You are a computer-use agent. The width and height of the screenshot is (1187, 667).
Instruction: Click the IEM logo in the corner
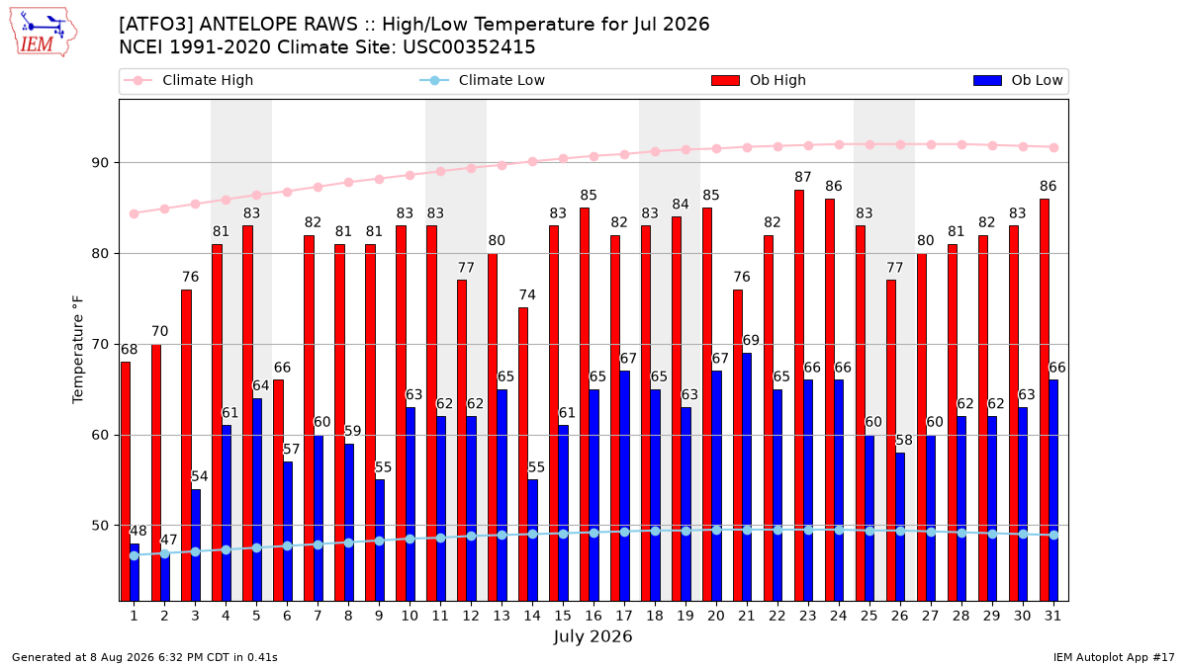coord(44,33)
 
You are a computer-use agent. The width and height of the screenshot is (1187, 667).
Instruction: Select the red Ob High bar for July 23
coord(799,395)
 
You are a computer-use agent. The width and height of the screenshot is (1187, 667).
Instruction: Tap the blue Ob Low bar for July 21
coord(747,477)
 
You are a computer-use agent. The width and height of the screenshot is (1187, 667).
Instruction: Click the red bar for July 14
coord(523,455)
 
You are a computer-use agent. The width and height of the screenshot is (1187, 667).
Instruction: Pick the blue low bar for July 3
coord(196,544)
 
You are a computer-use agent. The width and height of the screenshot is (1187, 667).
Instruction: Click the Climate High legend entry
coord(189,80)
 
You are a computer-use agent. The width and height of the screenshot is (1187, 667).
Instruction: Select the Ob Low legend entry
coord(1018,80)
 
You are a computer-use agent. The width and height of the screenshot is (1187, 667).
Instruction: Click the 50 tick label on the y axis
coord(100,526)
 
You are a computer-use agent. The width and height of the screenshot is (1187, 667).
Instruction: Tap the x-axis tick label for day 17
coord(624,616)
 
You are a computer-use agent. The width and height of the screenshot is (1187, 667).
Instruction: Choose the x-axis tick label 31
coord(1052,616)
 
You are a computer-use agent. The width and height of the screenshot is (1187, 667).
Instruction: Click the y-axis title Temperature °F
coord(78,350)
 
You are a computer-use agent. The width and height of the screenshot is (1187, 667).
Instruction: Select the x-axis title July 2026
coord(593,635)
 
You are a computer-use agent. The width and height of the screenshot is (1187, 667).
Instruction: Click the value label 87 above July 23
coord(803,177)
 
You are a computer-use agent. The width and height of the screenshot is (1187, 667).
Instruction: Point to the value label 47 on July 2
coord(168,540)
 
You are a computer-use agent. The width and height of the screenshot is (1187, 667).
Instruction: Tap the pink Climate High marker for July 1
coord(135,213)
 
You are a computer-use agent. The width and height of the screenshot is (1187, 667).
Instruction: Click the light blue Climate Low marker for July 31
coord(1054,536)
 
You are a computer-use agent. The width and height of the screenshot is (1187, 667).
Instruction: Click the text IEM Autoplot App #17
coord(1114,657)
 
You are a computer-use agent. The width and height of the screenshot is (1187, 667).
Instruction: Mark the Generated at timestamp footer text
coord(144,657)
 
